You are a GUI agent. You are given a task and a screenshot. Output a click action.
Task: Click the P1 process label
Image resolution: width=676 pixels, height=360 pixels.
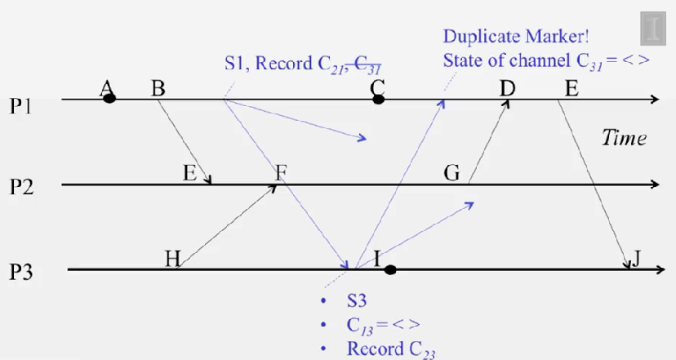tap(21, 106)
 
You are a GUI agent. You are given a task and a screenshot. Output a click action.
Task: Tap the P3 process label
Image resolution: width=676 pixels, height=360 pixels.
tap(21, 270)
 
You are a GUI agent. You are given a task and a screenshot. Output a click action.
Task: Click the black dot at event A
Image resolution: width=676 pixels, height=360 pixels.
tap(109, 99)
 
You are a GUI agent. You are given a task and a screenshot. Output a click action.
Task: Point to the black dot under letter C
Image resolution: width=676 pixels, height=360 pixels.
tap(378, 100)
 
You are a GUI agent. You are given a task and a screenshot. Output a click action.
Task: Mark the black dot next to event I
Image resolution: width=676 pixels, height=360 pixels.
tap(390, 269)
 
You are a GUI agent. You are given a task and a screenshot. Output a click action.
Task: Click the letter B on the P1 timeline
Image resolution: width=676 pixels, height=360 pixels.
tap(158, 87)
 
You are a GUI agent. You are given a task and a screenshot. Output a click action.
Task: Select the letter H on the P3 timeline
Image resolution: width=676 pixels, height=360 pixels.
tap(173, 259)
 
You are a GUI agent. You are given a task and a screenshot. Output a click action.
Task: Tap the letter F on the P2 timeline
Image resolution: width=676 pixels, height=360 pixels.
tap(281, 172)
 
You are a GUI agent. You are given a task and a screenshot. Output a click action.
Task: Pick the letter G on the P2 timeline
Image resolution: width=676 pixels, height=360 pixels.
tap(451, 173)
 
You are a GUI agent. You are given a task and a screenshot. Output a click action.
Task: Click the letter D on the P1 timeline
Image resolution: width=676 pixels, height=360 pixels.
tap(508, 87)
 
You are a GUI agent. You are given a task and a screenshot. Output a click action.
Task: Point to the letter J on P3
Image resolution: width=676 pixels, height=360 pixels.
tap(637, 258)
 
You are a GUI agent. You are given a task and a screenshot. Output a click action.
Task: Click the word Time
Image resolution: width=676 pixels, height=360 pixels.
tap(625, 137)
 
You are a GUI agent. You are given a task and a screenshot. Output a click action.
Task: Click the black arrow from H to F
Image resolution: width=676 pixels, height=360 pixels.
tap(229, 225)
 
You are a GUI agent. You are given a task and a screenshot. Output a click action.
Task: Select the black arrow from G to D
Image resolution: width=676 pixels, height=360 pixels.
tap(488, 143)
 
